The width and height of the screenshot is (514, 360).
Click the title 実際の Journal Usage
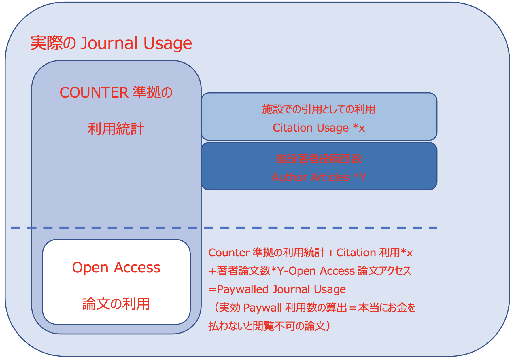point(111,43)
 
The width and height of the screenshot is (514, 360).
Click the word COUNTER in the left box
point(94,93)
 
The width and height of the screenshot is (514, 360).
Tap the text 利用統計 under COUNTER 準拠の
point(116,129)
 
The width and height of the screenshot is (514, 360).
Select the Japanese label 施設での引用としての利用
point(319,109)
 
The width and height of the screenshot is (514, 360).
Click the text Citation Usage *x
point(319,128)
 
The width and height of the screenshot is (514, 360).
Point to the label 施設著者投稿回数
point(319,159)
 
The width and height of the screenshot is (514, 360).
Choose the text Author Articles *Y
point(319,177)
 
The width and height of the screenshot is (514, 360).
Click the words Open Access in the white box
point(116,268)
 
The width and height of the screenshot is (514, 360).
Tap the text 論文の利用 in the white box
point(116,304)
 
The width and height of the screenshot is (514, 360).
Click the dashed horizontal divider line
point(224,228)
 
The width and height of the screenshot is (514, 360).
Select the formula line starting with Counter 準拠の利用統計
point(310,253)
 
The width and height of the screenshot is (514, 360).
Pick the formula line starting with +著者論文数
point(310,271)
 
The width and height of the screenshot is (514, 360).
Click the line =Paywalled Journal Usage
point(277,289)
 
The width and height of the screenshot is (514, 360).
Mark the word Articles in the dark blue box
point(330,177)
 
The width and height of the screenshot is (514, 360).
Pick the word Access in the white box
point(137,268)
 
